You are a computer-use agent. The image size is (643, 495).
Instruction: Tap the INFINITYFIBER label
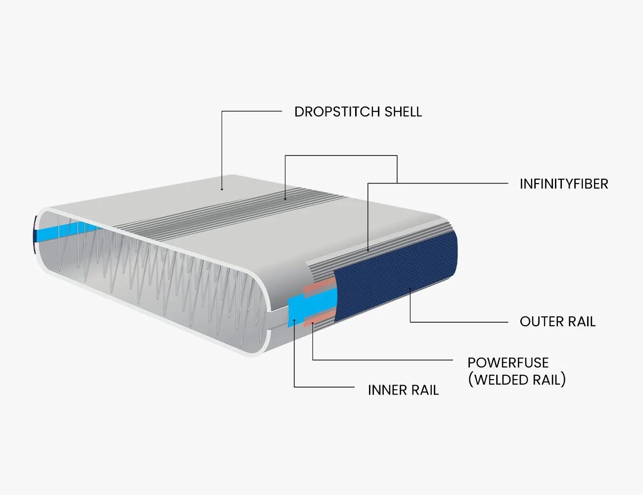point(563,184)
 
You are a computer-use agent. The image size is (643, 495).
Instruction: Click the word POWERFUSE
point(508,363)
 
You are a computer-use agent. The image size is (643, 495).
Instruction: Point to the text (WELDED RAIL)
point(516,380)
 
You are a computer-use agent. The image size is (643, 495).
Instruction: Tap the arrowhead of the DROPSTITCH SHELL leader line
point(222,189)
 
